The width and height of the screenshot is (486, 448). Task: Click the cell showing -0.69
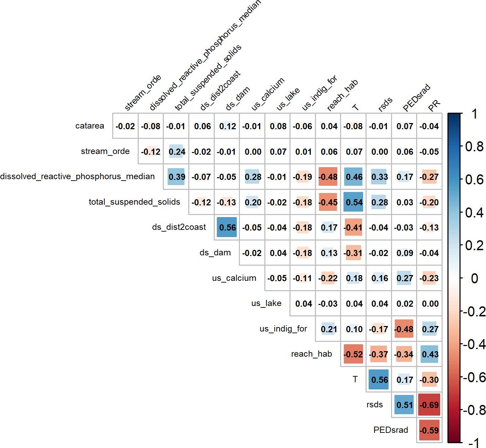point(429,405)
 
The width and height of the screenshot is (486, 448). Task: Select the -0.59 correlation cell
point(429,430)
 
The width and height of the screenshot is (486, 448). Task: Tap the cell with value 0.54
point(353,202)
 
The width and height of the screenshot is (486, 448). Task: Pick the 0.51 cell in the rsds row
point(404,405)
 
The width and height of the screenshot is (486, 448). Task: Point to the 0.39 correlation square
point(176,177)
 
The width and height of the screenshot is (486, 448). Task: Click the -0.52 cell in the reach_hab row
point(353,354)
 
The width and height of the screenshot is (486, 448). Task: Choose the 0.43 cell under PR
point(429,354)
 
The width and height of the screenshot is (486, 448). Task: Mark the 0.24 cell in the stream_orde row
point(176,152)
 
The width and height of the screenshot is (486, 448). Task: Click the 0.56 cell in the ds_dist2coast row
point(227,227)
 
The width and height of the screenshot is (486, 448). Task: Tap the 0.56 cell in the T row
point(379,379)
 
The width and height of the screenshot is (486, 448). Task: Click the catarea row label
point(89,126)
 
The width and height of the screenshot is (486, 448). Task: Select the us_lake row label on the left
point(266,303)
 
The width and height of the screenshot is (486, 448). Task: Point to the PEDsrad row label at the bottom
point(391,430)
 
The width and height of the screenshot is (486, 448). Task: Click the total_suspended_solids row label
point(134,202)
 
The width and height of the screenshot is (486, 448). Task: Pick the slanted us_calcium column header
point(268,94)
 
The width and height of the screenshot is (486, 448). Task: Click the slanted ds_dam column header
point(237,99)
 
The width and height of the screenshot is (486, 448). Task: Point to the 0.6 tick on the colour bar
point(474,180)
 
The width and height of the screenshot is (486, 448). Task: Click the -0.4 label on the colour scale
point(474,344)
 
